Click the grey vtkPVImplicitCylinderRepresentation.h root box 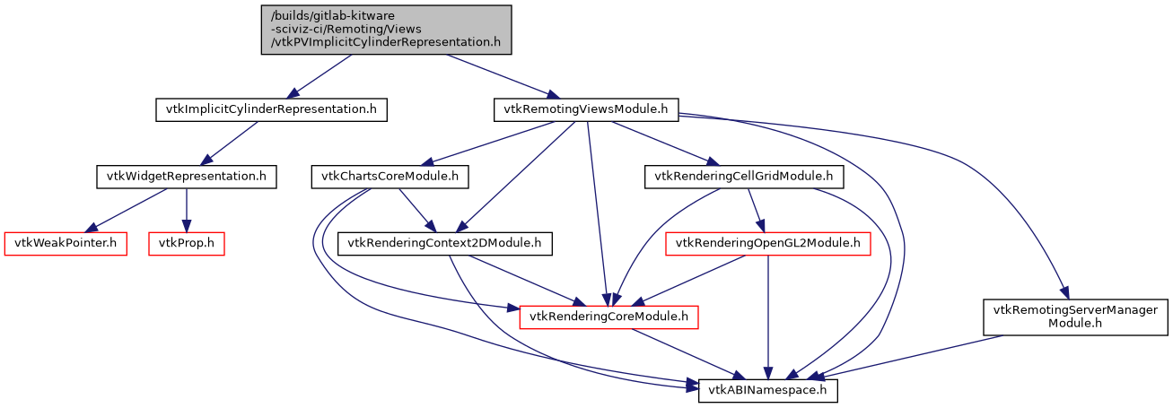386,30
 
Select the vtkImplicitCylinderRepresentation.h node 271,110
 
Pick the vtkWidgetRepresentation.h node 186,177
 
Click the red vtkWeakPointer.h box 66,243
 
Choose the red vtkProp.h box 186,243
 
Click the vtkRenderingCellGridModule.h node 745,177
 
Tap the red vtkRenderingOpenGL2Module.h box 767,243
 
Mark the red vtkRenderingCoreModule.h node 609,316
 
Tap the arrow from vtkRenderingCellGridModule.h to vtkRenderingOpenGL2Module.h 756,210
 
